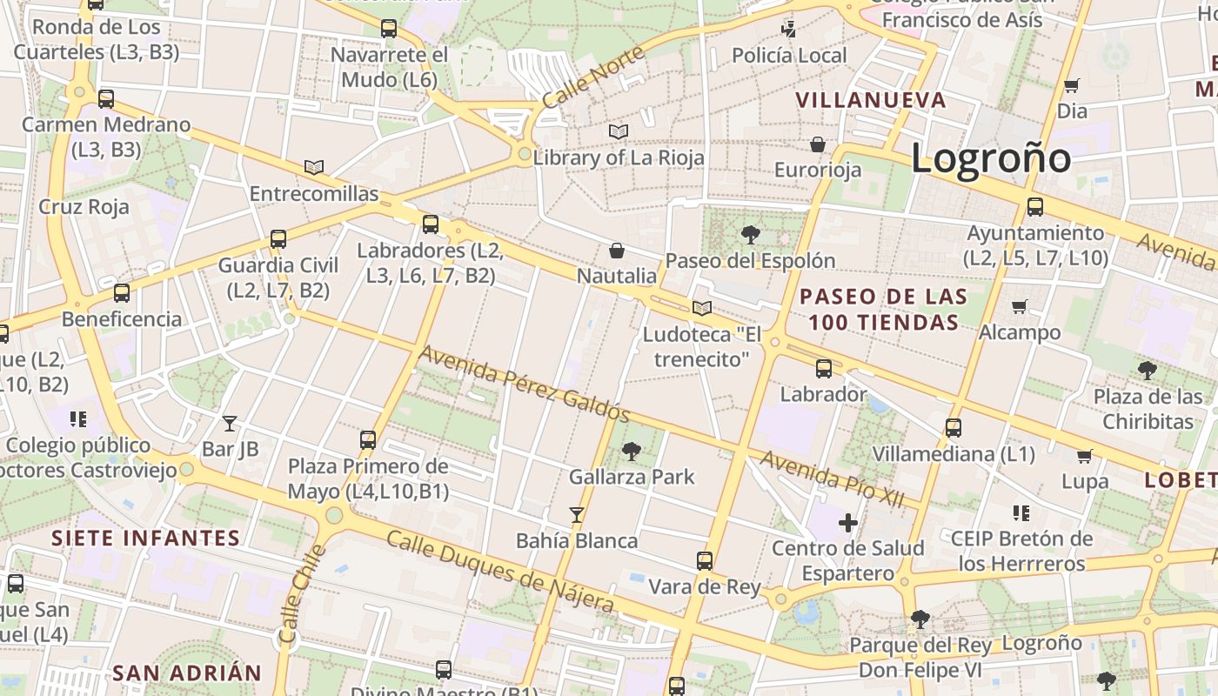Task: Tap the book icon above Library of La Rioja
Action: pyautogui.click(x=619, y=132)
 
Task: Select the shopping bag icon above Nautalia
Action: pyautogui.click(x=617, y=251)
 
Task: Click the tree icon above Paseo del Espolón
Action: pyautogui.click(x=750, y=234)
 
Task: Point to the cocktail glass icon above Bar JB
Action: pyautogui.click(x=230, y=424)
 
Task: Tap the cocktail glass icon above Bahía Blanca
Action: pyautogui.click(x=576, y=515)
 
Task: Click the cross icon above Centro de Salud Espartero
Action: pyautogui.click(x=848, y=523)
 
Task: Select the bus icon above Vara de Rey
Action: pyautogui.click(x=705, y=561)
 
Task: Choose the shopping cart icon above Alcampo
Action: pyautogui.click(x=1020, y=306)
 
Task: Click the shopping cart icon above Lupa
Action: pyautogui.click(x=1085, y=456)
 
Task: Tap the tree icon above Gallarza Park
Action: pyautogui.click(x=631, y=451)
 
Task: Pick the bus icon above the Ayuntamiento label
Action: pyautogui.click(x=1035, y=207)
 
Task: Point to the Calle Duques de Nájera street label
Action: pyautogui.click(x=500, y=571)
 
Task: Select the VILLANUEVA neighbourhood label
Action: pyautogui.click(x=871, y=100)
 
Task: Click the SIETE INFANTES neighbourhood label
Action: pyautogui.click(x=145, y=538)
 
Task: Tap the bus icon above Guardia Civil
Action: pyautogui.click(x=278, y=239)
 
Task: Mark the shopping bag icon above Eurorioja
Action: pyautogui.click(x=818, y=144)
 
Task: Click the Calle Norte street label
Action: pyautogui.click(x=592, y=77)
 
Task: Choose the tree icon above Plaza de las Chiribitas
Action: pyautogui.click(x=1148, y=370)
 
